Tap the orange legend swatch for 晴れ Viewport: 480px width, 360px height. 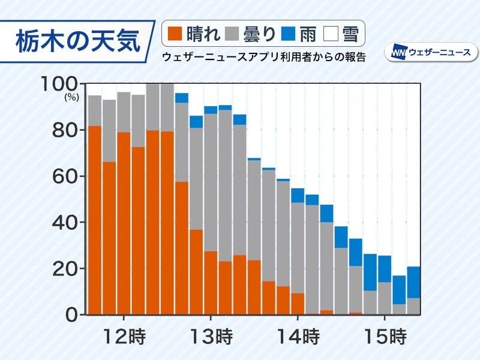click(x=176, y=34)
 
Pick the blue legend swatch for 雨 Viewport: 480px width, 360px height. click(x=290, y=34)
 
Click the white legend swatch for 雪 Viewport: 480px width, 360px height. click(x=331, y=34)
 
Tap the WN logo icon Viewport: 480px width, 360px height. click(x=399, y=52)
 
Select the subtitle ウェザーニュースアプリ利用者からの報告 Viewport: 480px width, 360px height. click(x=263, y=57)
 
